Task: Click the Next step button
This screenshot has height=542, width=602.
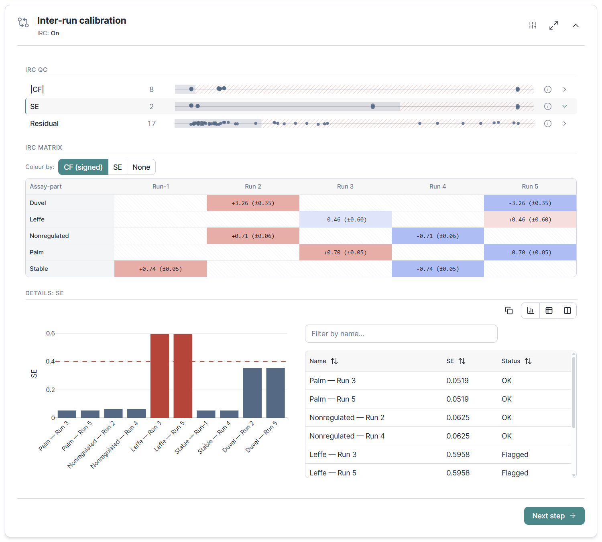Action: click(x=554, y=516)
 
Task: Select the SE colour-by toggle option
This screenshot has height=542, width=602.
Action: click(x=117, y=167)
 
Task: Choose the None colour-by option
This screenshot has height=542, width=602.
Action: click(x=141, y=167)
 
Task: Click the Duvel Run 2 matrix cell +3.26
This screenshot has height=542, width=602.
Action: click(x=253, y=203)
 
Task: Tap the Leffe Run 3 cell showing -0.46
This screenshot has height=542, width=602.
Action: click(x=346, y=219)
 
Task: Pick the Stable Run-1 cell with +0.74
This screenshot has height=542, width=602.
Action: click(x=161, y=269)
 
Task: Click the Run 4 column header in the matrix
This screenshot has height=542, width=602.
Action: click(x=437, y=187)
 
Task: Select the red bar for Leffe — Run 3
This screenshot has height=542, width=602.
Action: click(x=160, y=376)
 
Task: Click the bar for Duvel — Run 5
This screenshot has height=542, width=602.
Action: click(x=275, y=392)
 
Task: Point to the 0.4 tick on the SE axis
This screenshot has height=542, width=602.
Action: click(x=50, y=361)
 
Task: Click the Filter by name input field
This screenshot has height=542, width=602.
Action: click(x=401, y=333)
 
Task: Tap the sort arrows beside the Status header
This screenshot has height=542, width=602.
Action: click(x=528, y=361)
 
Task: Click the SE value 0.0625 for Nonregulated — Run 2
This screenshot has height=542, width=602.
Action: click(x=458, y=418)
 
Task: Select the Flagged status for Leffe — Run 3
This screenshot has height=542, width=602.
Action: click(x=515, y=455)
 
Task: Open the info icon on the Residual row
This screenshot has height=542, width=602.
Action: click(x=548, y=124)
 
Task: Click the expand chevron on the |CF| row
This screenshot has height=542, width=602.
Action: click(x=565, y=89)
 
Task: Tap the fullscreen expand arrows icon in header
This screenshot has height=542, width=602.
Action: click(x=554, y=26)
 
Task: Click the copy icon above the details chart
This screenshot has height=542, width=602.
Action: click(x=509, y=311)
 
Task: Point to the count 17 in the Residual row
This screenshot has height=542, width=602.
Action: click(x=152, y=123)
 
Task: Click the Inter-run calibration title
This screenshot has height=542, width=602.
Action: click(x=81, y=20)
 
